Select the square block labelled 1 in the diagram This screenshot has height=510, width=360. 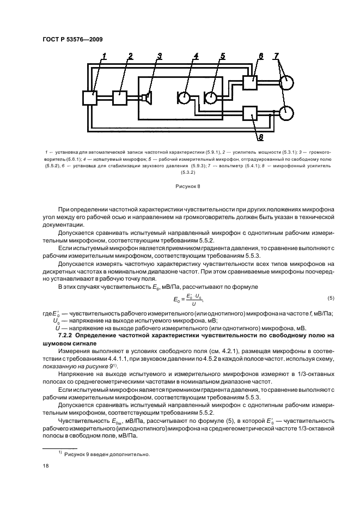(x=89, y=99)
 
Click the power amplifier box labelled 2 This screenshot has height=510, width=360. (x=120, y=98)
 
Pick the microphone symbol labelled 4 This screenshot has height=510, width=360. (x=184, y=98)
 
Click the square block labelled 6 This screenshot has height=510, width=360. (x=251, y=83)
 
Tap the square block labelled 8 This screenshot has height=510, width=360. (x=251, y=113)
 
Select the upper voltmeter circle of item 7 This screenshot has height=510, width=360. (x=286, y=83)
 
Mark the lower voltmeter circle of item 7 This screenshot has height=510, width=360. (x=286, y=113)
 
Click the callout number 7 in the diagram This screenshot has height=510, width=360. (x=277, y=56)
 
